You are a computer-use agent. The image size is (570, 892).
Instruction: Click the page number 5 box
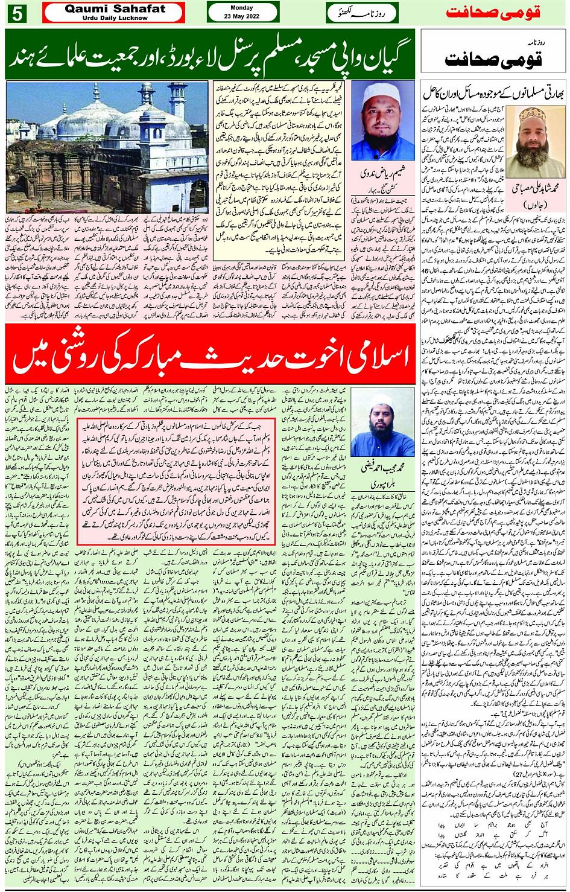tap(16, 13)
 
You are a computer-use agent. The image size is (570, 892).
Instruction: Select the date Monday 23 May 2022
tap(242, 13)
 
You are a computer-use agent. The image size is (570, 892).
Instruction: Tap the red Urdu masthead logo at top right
tap(492, 13)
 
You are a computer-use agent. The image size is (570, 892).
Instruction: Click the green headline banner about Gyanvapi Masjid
tap(210, 54)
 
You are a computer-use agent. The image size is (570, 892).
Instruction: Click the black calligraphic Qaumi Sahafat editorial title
tap(493, 57)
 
